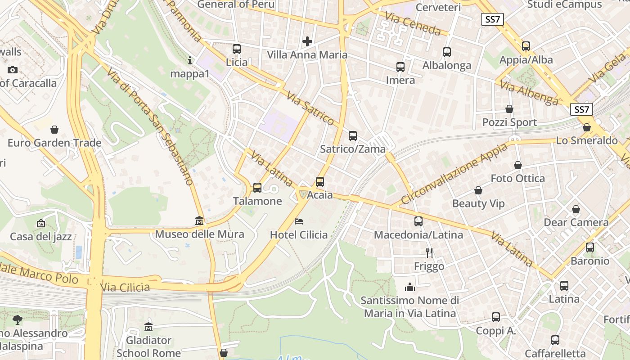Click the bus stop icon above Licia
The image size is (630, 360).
click(237, 49)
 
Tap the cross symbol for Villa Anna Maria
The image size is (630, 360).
click(307, 42)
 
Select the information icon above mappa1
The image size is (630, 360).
click(190, 60)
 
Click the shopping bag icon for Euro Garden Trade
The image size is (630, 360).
click(54, 130)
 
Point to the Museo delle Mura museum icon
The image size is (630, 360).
click(199, 221)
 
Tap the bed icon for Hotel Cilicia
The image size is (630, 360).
click(299, 221)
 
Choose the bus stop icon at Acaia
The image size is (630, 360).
click(320, 182)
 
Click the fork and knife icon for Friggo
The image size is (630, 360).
click(429, 253)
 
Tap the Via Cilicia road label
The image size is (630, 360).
click(125, 287)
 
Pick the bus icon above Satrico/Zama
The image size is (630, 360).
click(353, 136)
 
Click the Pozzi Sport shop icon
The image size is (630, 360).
click(509, 109)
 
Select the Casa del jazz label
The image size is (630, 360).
click(41, 237)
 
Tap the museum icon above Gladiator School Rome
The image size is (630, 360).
click(148, 327)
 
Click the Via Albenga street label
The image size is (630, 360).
click(529, 93)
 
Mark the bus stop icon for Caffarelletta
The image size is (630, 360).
click(555, 340)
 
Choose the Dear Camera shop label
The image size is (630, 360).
click(576, 222)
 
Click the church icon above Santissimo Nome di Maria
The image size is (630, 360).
click(410, 287)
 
